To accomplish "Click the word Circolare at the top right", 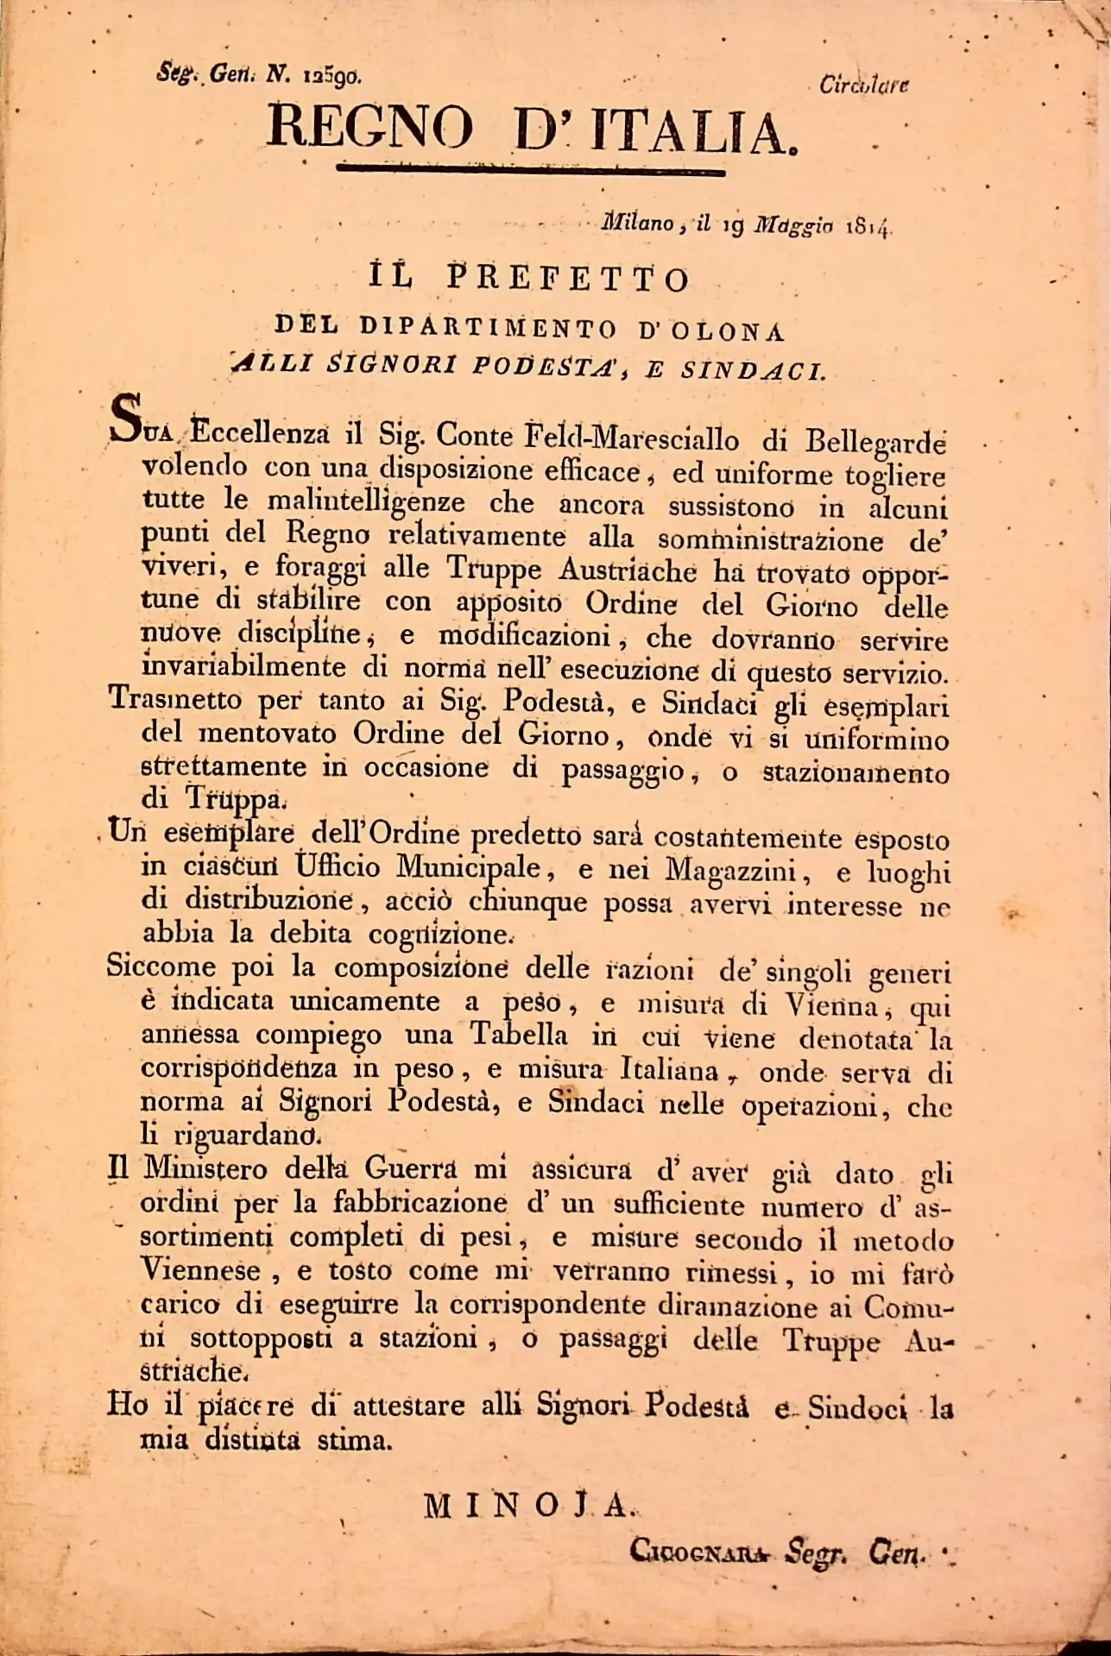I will coord(864,85).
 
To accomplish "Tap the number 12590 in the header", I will coord(332,75).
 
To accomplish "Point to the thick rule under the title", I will coord(530,169).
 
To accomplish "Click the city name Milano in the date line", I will coord(638,224).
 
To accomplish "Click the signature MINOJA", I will coord(529,1506).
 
